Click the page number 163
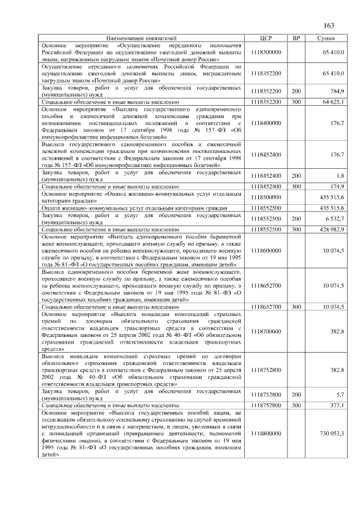330,25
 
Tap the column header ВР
296,38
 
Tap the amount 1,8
340,175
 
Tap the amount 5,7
340,394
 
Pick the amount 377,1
337,405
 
